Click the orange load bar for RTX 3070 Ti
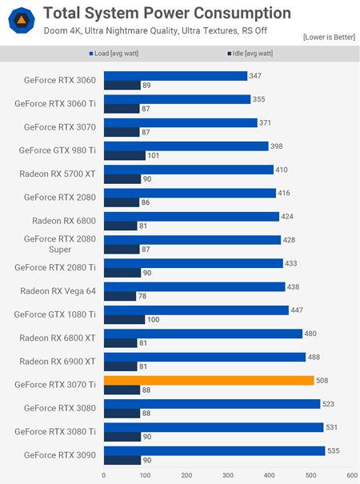208,380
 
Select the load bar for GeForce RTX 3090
214,450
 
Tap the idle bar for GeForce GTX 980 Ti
124,156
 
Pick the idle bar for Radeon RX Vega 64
119,296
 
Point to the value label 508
323,381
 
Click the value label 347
256,76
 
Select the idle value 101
154,156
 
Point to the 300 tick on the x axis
227,474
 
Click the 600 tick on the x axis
350,474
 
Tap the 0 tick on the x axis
103,474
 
